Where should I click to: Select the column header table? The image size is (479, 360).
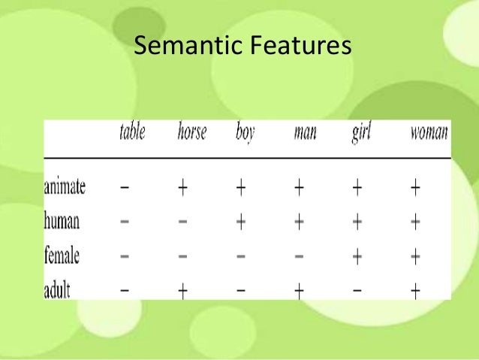132,134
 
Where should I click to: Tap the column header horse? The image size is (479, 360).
191,134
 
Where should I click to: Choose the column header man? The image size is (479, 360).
305,135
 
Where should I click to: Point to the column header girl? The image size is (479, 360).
362,135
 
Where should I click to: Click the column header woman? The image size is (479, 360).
429,135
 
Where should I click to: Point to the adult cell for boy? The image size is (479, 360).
240,291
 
